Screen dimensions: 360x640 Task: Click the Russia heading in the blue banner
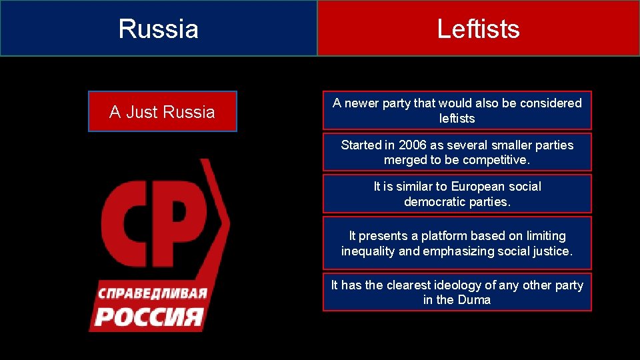pyautogui.click(x=159, y=29)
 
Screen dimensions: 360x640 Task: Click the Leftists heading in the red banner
pyautogui.click(x=478, y=29)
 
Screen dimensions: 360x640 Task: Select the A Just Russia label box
pyautogui.click(x=162, y=111)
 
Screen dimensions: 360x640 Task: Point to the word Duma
pyautogui.click(x=474, y=300)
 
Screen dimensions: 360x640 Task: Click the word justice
pyautogui.click(x=553, y=251)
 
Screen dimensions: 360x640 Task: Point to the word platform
pyautogui.click(x=445, y=236)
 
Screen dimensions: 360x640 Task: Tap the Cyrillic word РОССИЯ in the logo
pyautogui.click(x=148, y=315)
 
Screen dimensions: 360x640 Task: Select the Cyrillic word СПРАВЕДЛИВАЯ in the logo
pyautogui.click(x=153, y=293)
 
